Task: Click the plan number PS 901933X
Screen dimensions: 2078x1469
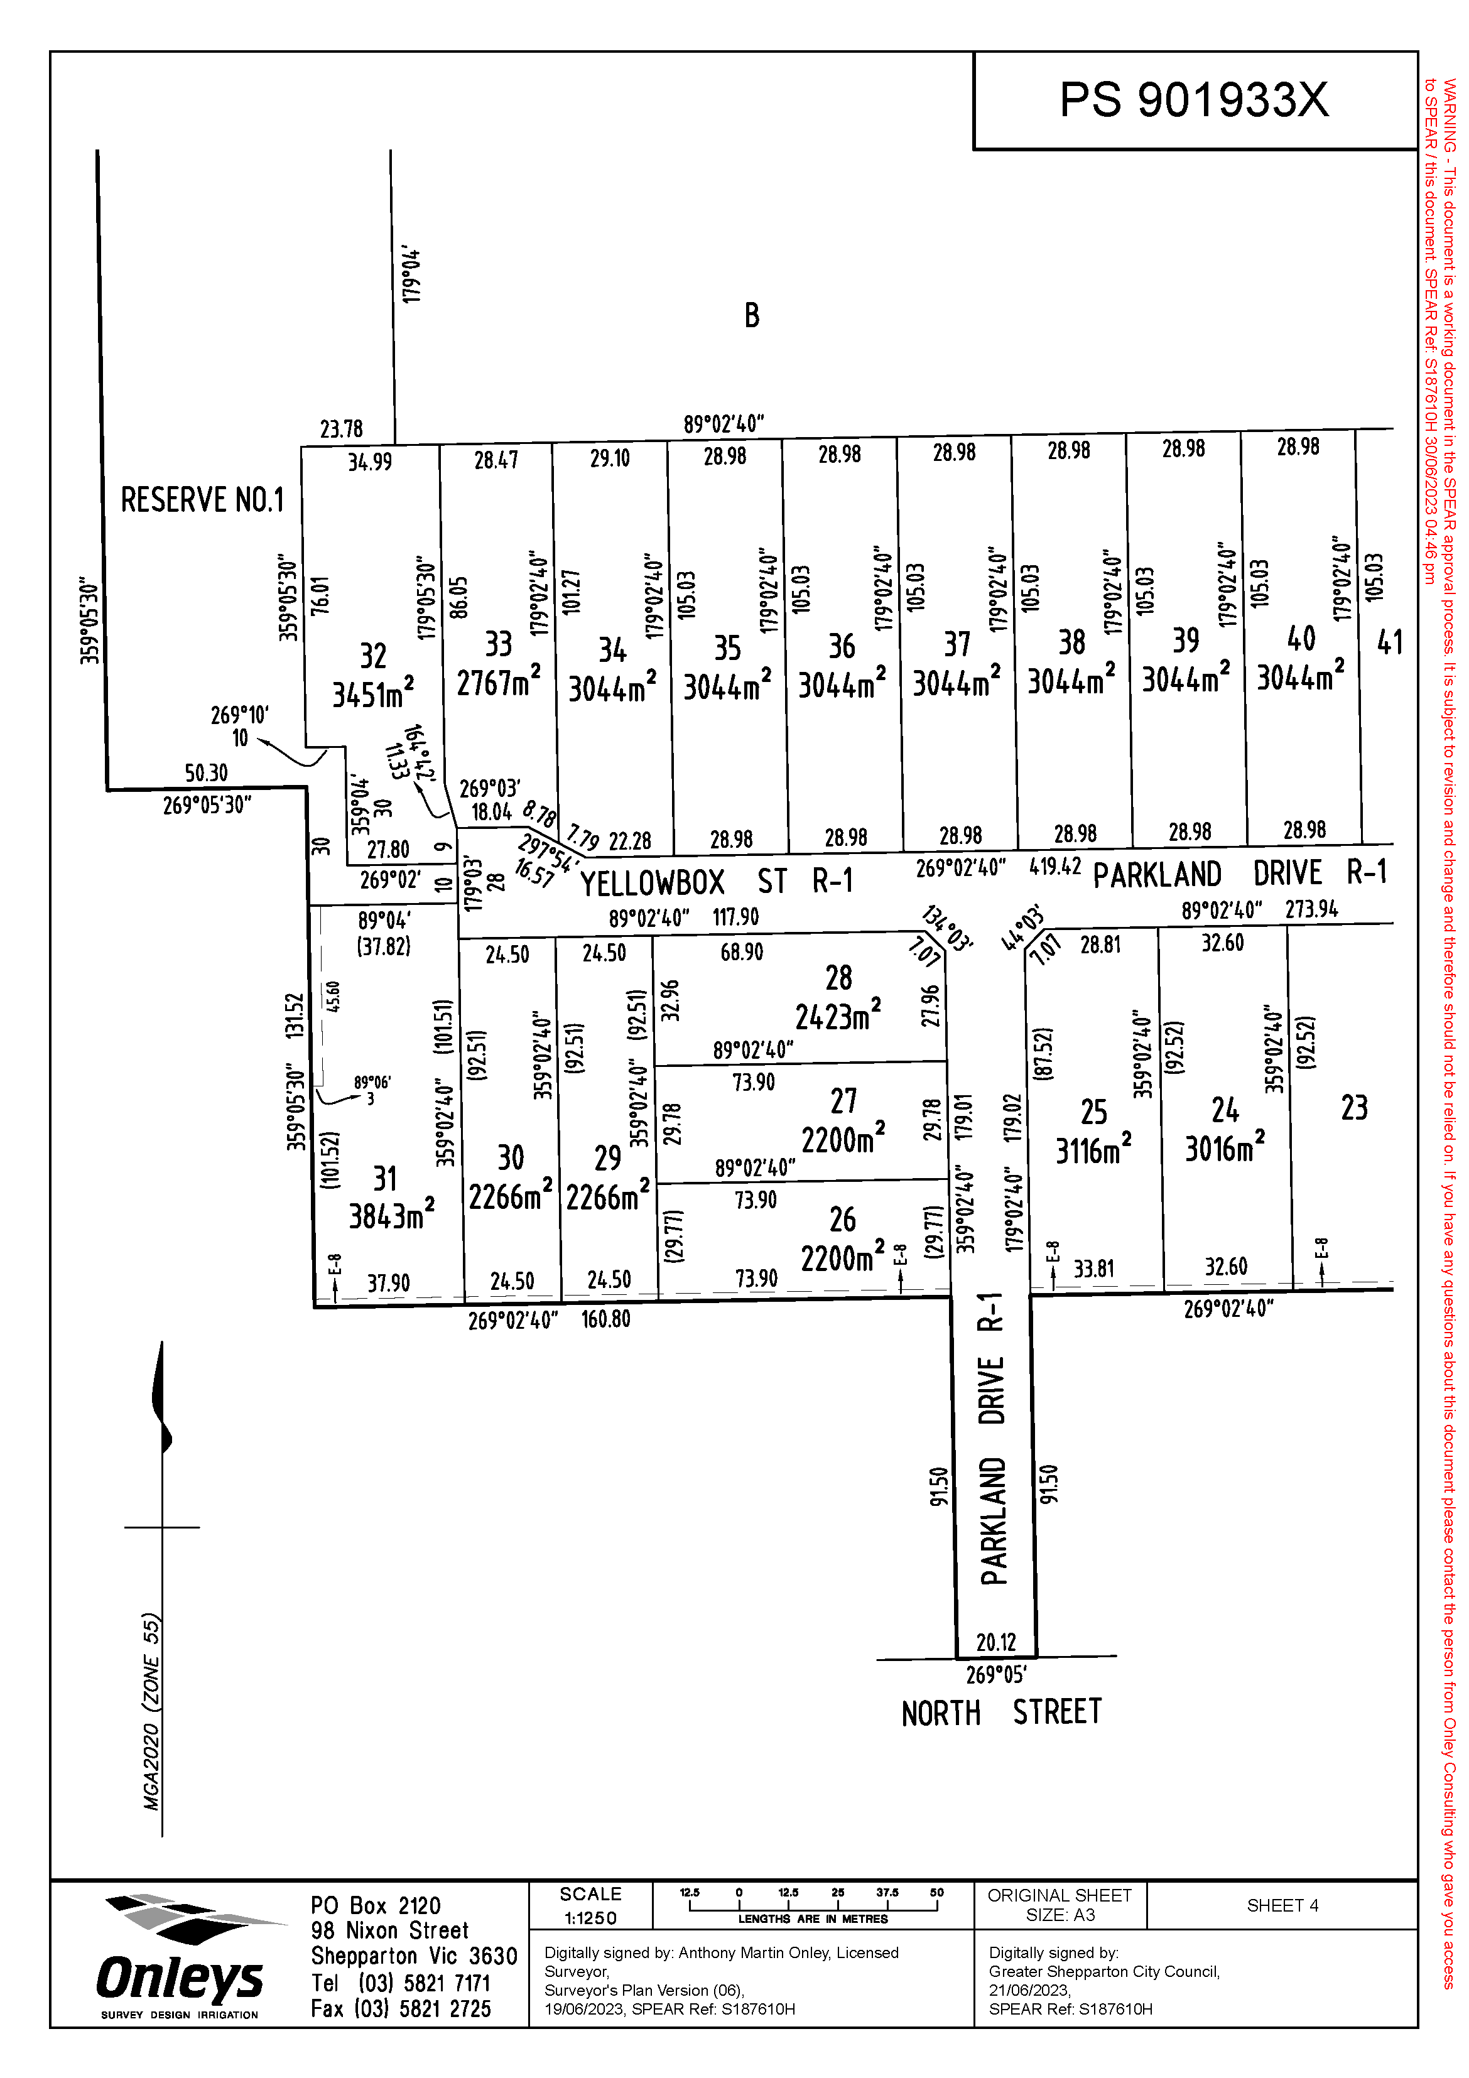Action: [x=1194, y=100]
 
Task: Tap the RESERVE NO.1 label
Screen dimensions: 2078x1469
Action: [x=202, y=500]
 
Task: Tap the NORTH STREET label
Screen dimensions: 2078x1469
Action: [x=1001, y=1713]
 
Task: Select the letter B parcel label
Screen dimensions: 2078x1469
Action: [x=751, y=316]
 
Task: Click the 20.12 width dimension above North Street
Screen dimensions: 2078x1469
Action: [x=995, y=1641]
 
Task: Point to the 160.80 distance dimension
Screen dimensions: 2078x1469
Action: [x=605, y=1319]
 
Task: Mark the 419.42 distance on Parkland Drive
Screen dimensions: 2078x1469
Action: [x=1055, y=866]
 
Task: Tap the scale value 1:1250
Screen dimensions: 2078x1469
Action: [x=590, y=1918]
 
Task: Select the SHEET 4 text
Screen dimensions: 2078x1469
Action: [x=1282, y=1905]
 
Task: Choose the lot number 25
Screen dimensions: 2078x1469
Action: [x=1093, y=1112]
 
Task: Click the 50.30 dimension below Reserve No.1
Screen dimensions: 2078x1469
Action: [x=207, y=773]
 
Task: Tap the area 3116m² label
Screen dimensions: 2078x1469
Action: [x=1093, y=1150]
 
